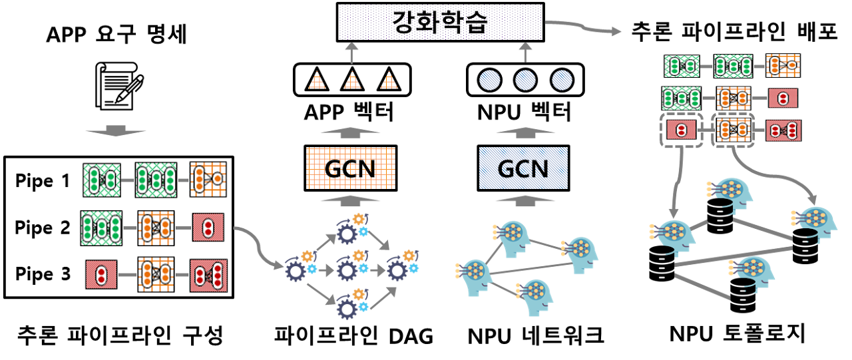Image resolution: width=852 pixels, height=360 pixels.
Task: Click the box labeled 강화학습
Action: [440, 22]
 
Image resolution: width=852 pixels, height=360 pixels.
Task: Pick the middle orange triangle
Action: [352, 81]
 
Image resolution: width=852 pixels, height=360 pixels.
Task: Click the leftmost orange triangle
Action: [317, 81]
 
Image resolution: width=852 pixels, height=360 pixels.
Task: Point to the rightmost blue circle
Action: [562, 81]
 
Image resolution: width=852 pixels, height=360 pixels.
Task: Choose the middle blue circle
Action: [525, 81]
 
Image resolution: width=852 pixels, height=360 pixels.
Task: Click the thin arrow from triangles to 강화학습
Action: [351, 52]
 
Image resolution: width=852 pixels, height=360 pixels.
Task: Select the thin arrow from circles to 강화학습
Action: [525, 52]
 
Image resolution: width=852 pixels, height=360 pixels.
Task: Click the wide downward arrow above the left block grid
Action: [116, 130]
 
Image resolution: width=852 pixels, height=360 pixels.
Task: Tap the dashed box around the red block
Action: [680, 130]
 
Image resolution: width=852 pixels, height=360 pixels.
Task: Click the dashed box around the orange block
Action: [732, 130]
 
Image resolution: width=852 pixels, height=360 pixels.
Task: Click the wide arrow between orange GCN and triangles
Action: [350, 132]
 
